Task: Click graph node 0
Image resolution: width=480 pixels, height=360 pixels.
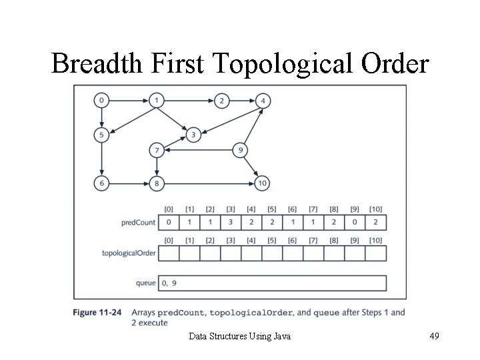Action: coord(101,101)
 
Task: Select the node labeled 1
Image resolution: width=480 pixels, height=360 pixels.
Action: coord(156,101)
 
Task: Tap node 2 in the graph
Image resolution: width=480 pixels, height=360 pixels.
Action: coord(221,101)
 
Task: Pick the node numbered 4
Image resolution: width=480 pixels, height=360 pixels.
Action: coord(263,101)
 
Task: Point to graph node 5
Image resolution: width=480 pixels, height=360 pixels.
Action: coord(101,135)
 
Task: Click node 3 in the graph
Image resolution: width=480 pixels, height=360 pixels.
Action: coord(193,135)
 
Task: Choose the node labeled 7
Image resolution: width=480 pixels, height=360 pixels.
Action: coord(157,151)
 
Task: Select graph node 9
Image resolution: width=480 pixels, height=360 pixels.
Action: coord(239,151)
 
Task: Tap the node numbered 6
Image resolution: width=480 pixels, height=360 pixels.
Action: coord(101,183)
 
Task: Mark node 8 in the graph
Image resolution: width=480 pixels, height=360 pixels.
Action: coord(157,183)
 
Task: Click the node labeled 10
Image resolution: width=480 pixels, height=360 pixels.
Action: coord(262,183)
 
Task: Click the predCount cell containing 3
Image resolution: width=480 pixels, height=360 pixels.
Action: coord(231,222)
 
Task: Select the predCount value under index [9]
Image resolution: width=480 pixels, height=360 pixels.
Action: coord(355,222)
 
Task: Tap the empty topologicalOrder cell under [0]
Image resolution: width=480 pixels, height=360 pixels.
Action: coord(169,253)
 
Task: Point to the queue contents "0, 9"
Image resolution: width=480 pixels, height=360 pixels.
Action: coord(169,283)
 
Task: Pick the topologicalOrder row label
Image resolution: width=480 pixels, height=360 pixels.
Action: coord(129,253)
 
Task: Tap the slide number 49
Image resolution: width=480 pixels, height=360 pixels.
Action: coord(433,336)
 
